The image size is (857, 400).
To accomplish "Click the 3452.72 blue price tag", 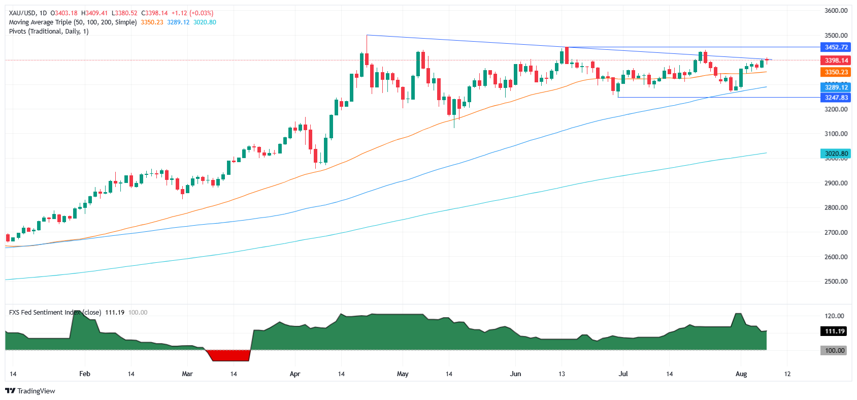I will tap(835, 47).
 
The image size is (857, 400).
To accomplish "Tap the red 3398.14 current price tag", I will tap(835, 60).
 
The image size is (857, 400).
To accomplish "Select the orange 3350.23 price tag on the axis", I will tap(835, 72).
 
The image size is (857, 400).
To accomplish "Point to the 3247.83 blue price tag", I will tap(835, 98).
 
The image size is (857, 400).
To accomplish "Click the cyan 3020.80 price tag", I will tap(835, 153).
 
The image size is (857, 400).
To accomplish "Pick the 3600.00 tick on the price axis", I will tap(836, 11).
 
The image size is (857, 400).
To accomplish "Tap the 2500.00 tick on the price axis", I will tap(836, 282).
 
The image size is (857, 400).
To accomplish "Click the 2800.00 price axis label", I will tap(836, 208).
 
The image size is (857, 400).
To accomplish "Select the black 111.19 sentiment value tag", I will tap(834, 331).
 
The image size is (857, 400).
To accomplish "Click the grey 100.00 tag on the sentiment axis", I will tap(834, 351).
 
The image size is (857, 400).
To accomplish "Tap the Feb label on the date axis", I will tap(85, 374).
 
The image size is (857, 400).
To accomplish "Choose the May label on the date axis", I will tap(403, 374).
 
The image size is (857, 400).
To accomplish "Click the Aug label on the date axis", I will tap(741, 374).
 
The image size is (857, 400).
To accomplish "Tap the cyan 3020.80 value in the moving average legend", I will tap(205, 22).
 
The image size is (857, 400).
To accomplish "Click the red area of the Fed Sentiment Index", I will tap(230, 355).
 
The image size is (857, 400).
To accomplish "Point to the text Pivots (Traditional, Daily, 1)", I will tap(49, 32).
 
